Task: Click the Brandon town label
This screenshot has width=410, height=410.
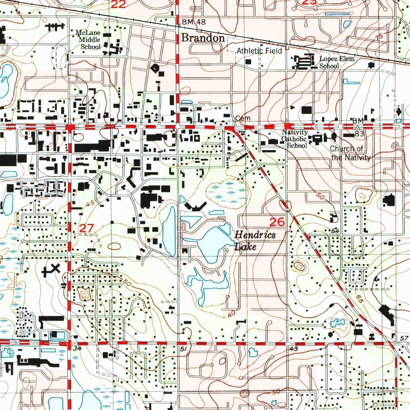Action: (203, 38)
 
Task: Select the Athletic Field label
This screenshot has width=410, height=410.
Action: (259, 51)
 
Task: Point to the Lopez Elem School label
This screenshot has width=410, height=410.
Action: (337, 62)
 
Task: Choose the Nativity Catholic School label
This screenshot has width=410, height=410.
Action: (295, 139)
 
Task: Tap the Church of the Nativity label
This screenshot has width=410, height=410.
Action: (350, 153)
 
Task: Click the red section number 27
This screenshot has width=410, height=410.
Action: (87, 228)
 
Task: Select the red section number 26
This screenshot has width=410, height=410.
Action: (277, 222)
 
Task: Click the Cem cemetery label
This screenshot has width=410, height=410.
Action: (243, 118)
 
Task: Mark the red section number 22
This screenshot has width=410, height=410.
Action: (118, 4)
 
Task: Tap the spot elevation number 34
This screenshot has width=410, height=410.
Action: (77, 348)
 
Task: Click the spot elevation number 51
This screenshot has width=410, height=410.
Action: (183, 349)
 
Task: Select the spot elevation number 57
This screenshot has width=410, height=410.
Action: (404, 339)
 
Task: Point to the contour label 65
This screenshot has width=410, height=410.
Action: (360, 299)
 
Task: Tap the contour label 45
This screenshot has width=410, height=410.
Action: (90, 203)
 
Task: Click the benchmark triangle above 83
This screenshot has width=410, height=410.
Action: (357, 127)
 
